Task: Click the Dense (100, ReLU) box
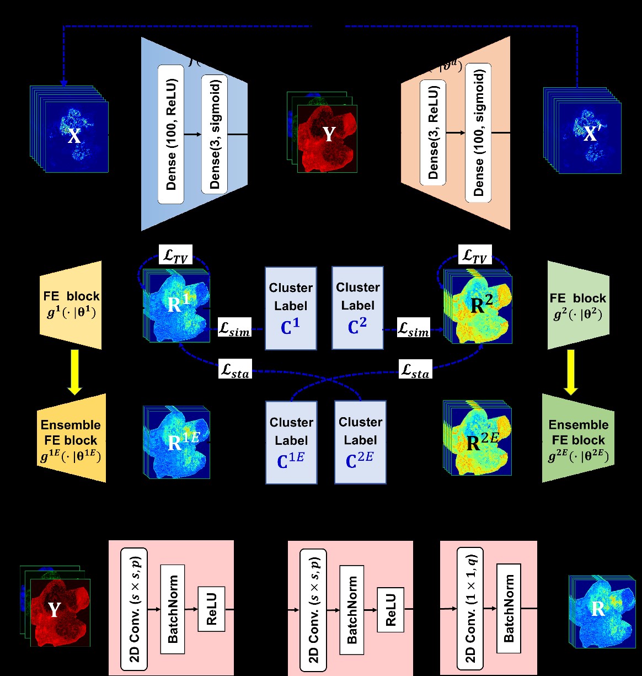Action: point(171,134)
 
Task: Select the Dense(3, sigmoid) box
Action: point(215,134)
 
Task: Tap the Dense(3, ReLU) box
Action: point(433,132)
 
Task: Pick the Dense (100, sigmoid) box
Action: point(478,132)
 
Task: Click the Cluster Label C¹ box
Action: point(291,308)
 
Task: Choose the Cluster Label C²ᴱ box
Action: point(360,443)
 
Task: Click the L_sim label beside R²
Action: point(414,330)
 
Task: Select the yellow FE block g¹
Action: point(71,305)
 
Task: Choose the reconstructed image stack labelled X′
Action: point(584,131)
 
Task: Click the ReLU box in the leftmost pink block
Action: point(211,609)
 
